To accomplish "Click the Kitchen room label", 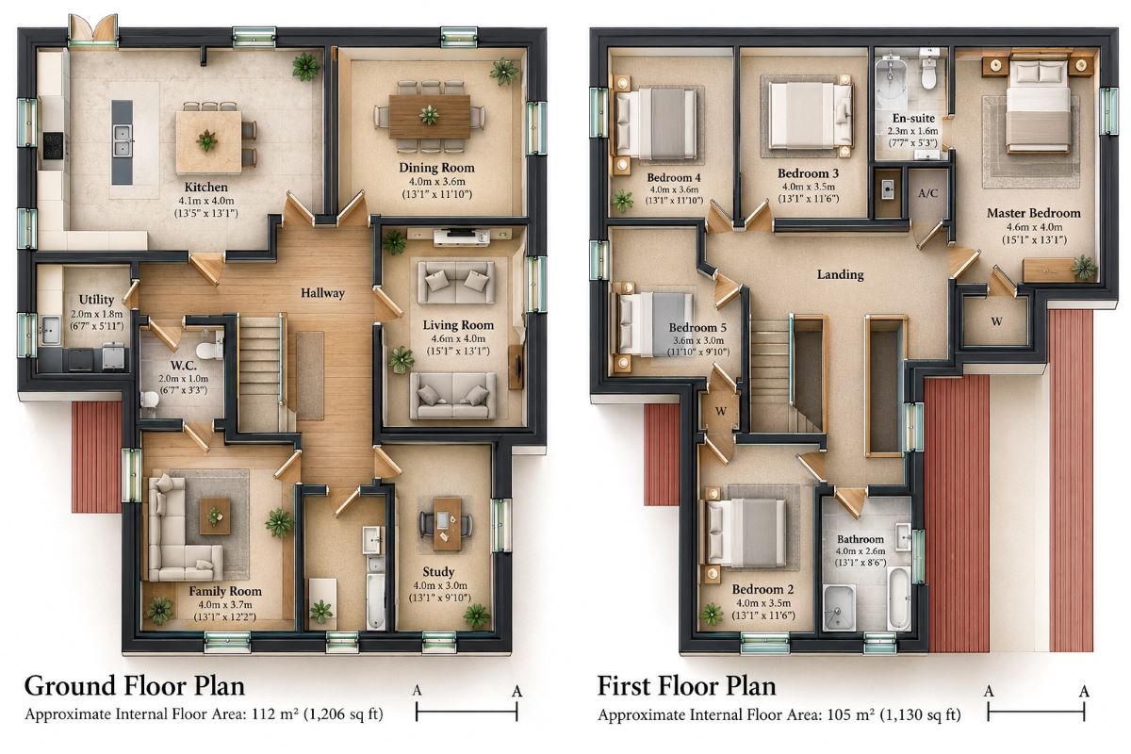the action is (205, 187).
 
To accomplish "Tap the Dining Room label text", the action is (436, 168).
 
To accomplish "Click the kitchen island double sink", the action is (123, 140).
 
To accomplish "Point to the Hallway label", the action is (322, 293).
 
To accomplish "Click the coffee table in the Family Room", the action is (215, 516).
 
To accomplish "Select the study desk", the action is (447, 524).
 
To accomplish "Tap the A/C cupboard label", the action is (928, 193).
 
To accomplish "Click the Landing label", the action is (840, 274).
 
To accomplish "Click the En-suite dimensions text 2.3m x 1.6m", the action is (913, 131).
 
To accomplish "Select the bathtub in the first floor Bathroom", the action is (898, 598).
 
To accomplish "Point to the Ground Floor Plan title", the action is (134, 685).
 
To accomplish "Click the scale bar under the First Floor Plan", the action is (1036, 713).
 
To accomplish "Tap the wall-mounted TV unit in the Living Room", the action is (462, 237).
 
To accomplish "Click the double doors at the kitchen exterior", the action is (93, 29).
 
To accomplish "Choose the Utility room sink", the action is (50, 330).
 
